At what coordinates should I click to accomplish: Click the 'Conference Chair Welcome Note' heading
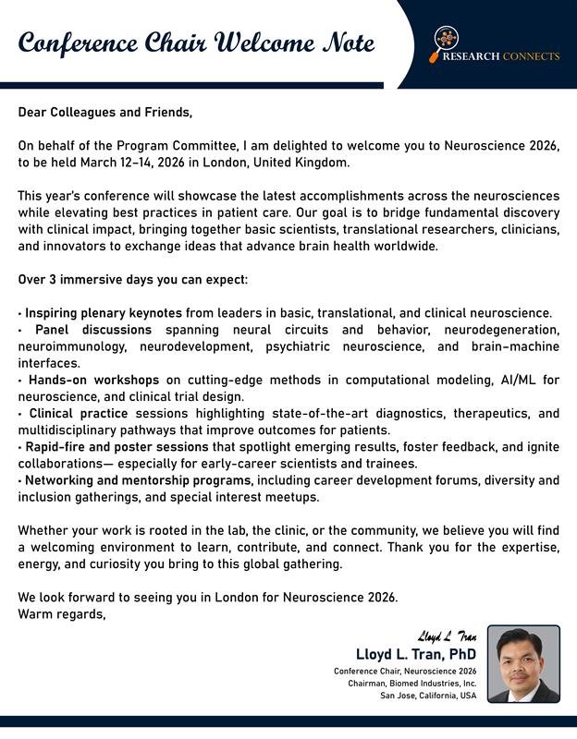click(x=196, y=43)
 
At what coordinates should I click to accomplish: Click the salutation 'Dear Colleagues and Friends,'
click(x=105, y=113)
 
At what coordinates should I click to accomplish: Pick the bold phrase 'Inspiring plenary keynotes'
click(x=104, y=313)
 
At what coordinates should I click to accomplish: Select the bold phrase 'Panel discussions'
click(x=93, y=330)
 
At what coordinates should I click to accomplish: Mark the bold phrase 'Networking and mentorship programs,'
click(x=139, y=480)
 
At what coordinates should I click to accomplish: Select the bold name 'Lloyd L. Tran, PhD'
click(x=416, y=655)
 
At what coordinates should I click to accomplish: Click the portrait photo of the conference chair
click(x=523, y=664)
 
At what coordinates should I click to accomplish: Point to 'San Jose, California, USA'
click(x=428, y=696)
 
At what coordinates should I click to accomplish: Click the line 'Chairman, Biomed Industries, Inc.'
click(x=412, y=683)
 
